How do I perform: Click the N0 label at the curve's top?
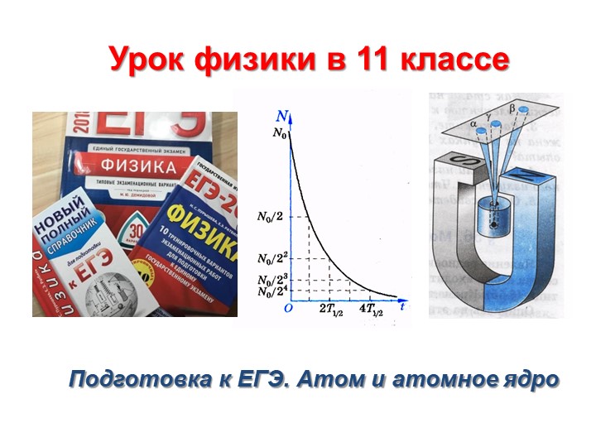point(279,137)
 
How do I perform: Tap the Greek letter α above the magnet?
point(473,124)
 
